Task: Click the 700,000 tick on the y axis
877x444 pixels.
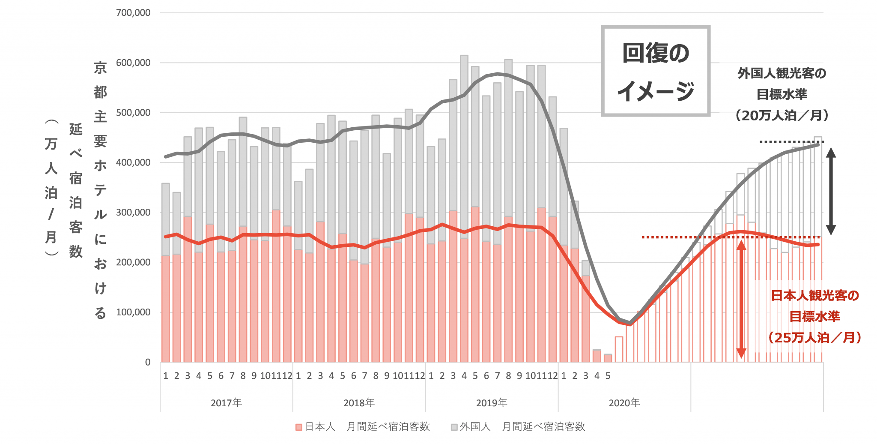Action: (133, 13)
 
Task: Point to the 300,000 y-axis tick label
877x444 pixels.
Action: (133, 213)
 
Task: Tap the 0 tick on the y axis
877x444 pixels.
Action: (148, 363)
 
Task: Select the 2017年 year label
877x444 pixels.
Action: (226, 403)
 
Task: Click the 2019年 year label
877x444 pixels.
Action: (492, 403)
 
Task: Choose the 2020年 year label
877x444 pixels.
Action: (624, 403)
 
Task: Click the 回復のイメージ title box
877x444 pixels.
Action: (656, 71)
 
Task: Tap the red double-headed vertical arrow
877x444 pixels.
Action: (741, 300)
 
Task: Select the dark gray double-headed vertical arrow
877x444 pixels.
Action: (831, 191)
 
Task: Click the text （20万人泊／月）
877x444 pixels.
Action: (782, 115)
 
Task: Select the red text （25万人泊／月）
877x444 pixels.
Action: (814, 338)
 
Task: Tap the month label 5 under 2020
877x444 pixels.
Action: (608, 376)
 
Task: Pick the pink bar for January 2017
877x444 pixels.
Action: (166, 309)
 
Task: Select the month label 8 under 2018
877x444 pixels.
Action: (376, 376)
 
